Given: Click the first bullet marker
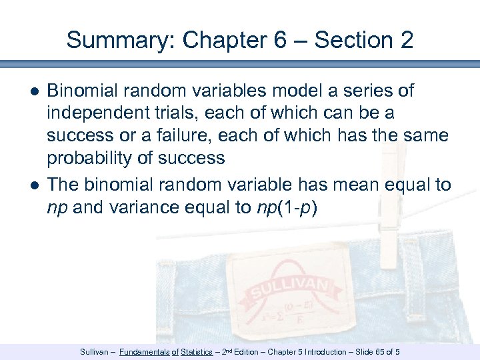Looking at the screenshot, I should [x=33, y=90].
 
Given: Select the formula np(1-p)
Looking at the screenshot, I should [x=287, y=207].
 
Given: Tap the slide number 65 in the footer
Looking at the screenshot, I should [x=380, y=351].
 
